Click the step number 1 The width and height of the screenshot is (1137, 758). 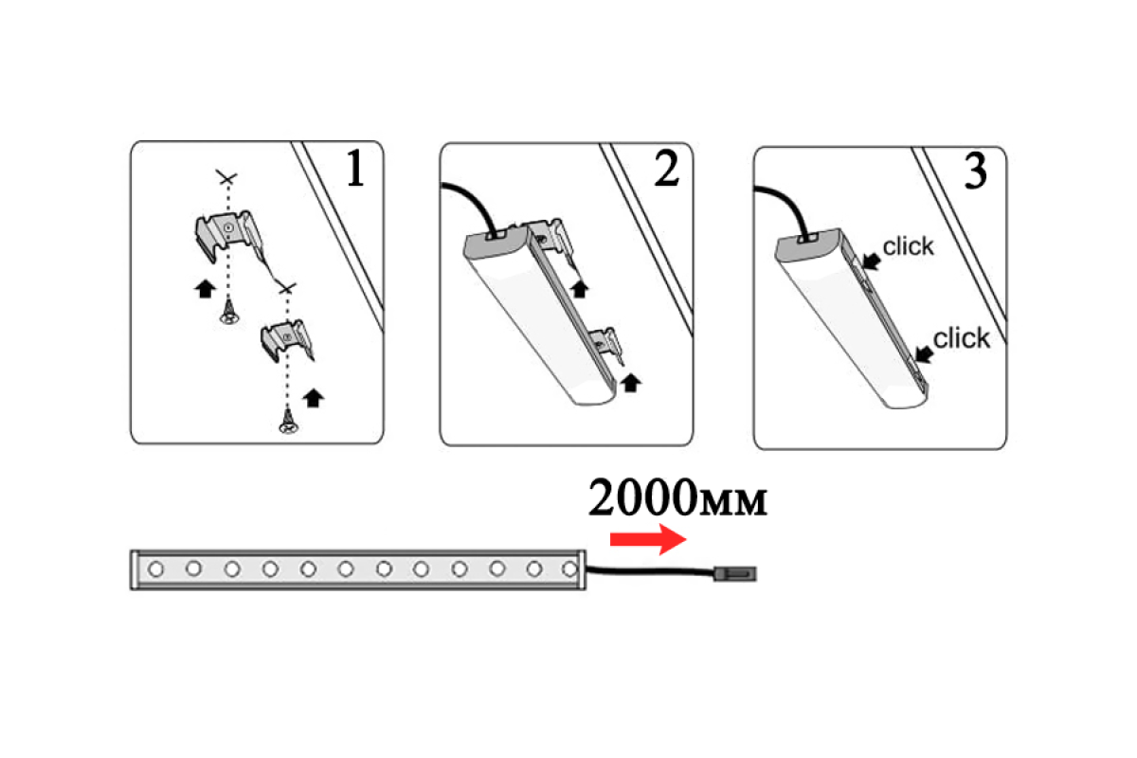point(355,169)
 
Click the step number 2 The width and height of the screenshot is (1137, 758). point(666,169)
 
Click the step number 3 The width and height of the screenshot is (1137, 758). point(975,171)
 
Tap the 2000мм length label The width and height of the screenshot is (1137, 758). point(677,497)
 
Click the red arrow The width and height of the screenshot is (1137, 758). point(648,539)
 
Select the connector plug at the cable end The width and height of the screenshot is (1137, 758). point(735,573)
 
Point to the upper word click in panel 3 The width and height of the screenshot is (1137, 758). point(908,246)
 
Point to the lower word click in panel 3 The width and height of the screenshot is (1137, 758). point(962,338)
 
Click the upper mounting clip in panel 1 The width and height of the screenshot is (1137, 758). point(229,236)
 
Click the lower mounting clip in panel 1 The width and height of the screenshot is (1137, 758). point(287,339)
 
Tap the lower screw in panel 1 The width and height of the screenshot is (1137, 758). point(288,422)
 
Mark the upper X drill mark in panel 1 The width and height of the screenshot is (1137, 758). point(226,178)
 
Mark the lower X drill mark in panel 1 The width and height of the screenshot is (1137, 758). point(287,288)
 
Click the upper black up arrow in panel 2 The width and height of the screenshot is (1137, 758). point(579,289)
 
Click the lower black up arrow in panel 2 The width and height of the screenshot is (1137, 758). point(631,383)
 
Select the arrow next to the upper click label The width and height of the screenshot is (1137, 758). point(872,261)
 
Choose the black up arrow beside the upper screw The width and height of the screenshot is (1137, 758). point(205,289)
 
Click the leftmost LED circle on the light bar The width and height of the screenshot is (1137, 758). point(155,569)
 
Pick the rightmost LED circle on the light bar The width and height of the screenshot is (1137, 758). point(570,569)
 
